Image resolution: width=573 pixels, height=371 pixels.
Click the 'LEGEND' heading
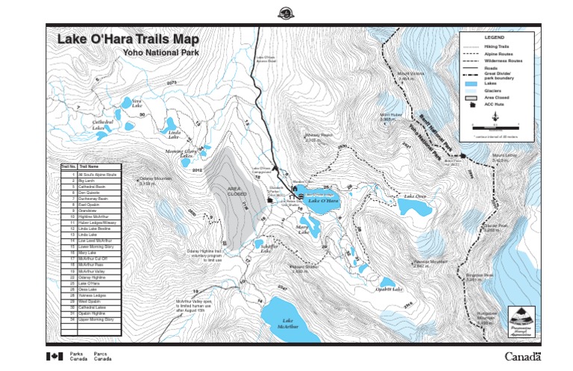pos(495,37)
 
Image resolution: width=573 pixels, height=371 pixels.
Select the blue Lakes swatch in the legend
pos(472,83)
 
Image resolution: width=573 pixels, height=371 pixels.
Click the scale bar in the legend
pos(494,129)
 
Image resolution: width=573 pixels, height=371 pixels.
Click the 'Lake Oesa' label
pos(415,197)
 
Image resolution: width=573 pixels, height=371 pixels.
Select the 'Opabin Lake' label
pos(389,289)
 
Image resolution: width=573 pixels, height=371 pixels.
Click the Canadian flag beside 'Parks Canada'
pos(54,356)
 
